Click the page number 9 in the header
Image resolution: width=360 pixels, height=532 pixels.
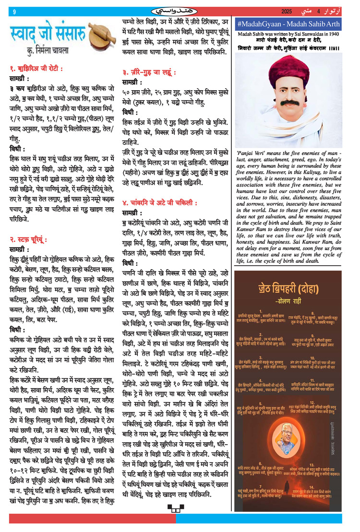coord(14,11)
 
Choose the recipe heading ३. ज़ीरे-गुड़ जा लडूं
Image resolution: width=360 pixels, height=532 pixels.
coord(149,73)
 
